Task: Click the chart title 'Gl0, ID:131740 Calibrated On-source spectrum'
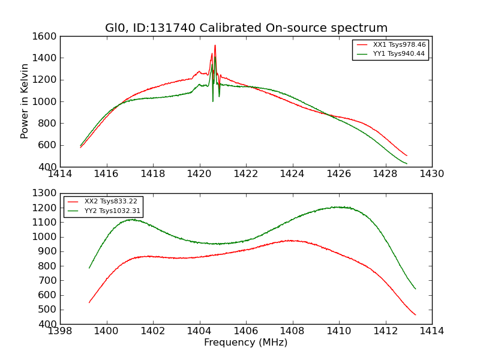tap(246, 28)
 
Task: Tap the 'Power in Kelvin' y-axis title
tap(25, 101)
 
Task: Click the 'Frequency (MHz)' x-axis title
tap(246, 343)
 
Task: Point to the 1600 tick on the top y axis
tap(46, 37)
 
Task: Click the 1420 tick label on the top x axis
tap(200, 174)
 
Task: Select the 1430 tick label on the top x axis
tap(431, 174)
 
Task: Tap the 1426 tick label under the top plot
tap(339, 174)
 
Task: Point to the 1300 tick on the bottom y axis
tap(46, 193)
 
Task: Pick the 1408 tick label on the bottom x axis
tap(292, 331)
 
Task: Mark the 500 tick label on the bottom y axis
tap(48, 310)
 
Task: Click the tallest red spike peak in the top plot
tap(215, 45)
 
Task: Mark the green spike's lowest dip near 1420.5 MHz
tap(212, 101)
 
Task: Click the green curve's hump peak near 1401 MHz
tap(131, 220)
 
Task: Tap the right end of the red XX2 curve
tap(415, 314)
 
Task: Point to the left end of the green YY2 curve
tap(89, 268)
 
